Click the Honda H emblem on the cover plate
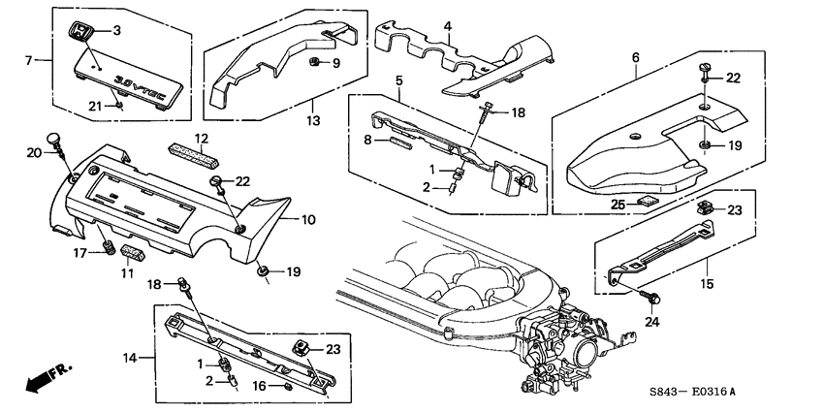(80, 32)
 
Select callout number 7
(28, 60)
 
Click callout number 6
(635, 58)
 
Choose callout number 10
(308, 220)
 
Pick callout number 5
(397, 79)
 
